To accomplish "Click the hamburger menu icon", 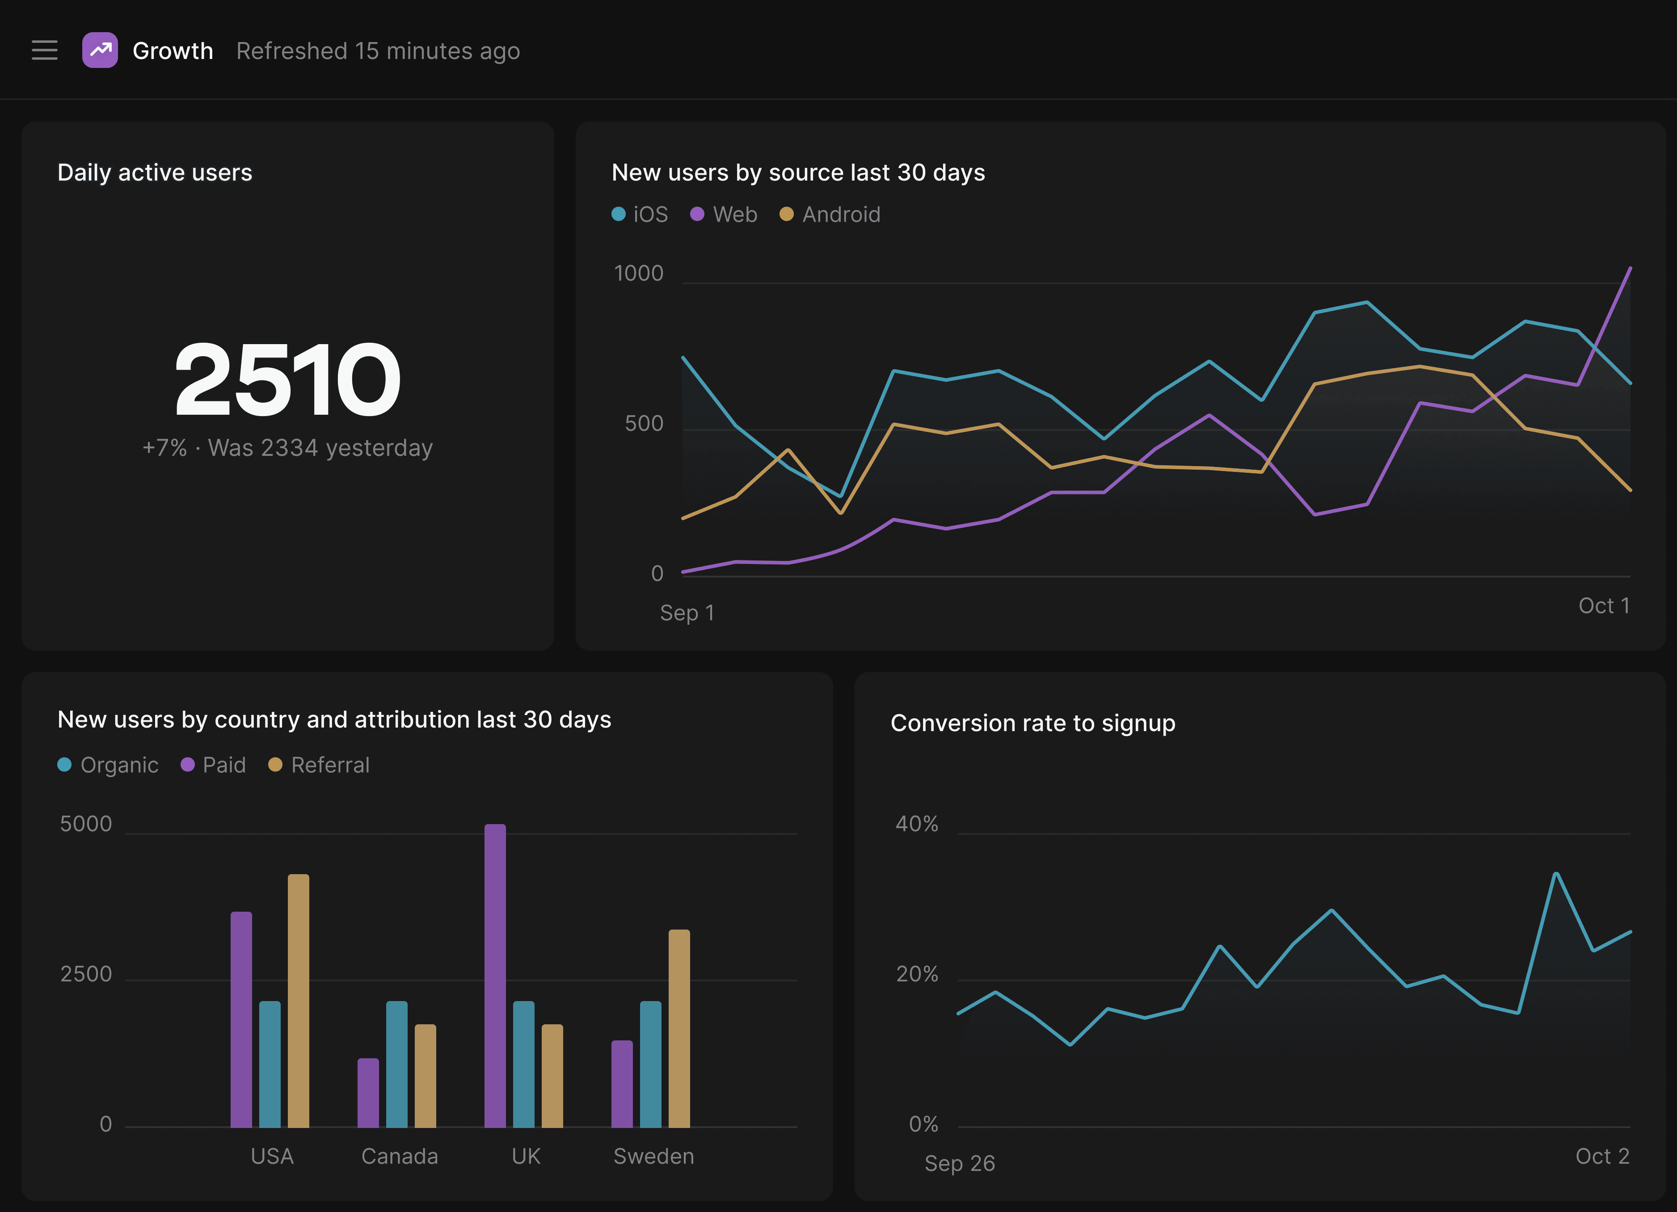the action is pyautogui.click(x=44, y=50).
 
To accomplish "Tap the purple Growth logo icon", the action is pyautogui.click(x=100, y=50).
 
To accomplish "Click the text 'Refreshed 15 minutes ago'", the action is pyautogui.click(x=378, y=51).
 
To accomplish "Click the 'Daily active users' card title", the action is pyautogui.click(x=155, y=173).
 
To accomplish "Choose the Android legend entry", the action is pyautogui.click(x=830, y=215).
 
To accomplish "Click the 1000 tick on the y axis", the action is pyautogui.click(x=639, y=274).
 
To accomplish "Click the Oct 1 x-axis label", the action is pyautogui.click(x=1604, y=606).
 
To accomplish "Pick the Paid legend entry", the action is pyautogui.click(x=213, y=765).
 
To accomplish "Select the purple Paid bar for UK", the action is pyautogui.click(x=495, y=976).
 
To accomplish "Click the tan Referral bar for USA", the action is pyautogui.click(x=299, y=1001).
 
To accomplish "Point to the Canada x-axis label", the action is pyautogui.click(x=399, y=1156).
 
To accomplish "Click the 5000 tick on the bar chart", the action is pyautogui.click(x=86, y=824).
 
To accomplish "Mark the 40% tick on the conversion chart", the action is pyautogui.click(x=917, y=824).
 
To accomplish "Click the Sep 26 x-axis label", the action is pyautogui.click(x=960, y=1163).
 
